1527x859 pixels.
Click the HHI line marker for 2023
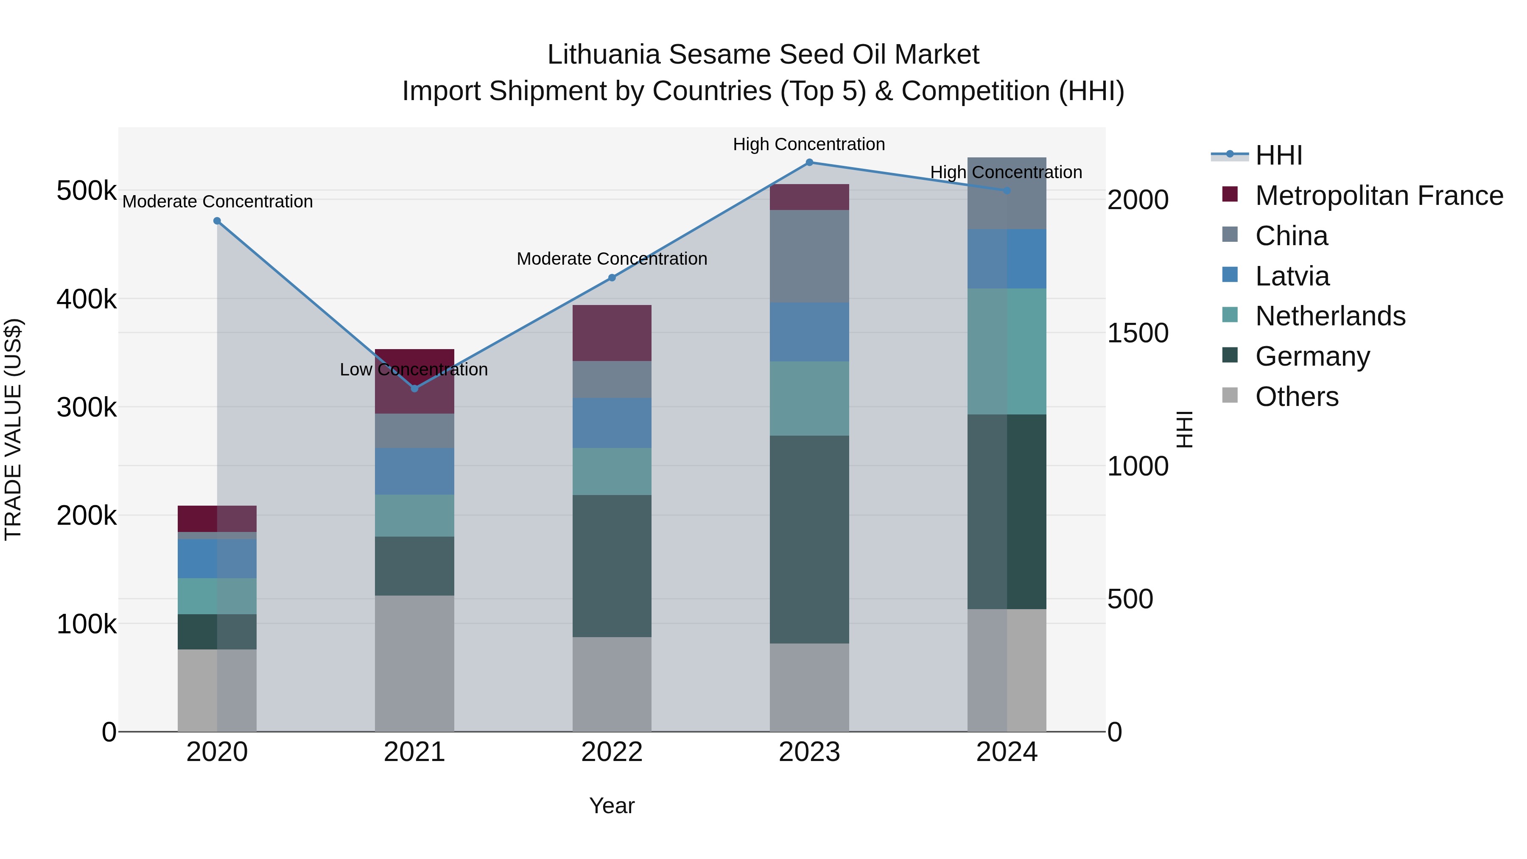click(809, 162)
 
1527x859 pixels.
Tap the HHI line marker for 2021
click(414, 388)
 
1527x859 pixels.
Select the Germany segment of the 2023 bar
click(809, 540)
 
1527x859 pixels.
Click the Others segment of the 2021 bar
click(414, 663)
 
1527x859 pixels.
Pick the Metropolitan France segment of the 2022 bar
click(612, 333)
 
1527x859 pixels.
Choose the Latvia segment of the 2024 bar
click(1007, 259)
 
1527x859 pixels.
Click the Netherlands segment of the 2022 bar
click(612, 471)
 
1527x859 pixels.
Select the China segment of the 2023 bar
click(809, 256)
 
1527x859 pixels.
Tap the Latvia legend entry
click(1292, 276)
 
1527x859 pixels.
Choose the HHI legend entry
click(1278, 155)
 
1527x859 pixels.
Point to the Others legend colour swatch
click(1230, 395)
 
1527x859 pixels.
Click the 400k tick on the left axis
click(87, 299)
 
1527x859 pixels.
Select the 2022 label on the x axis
click(612, 752)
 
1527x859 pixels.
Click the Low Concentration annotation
click(413, 369)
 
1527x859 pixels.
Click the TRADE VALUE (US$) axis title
click(13, 429)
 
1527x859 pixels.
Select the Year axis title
click(612, 806)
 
